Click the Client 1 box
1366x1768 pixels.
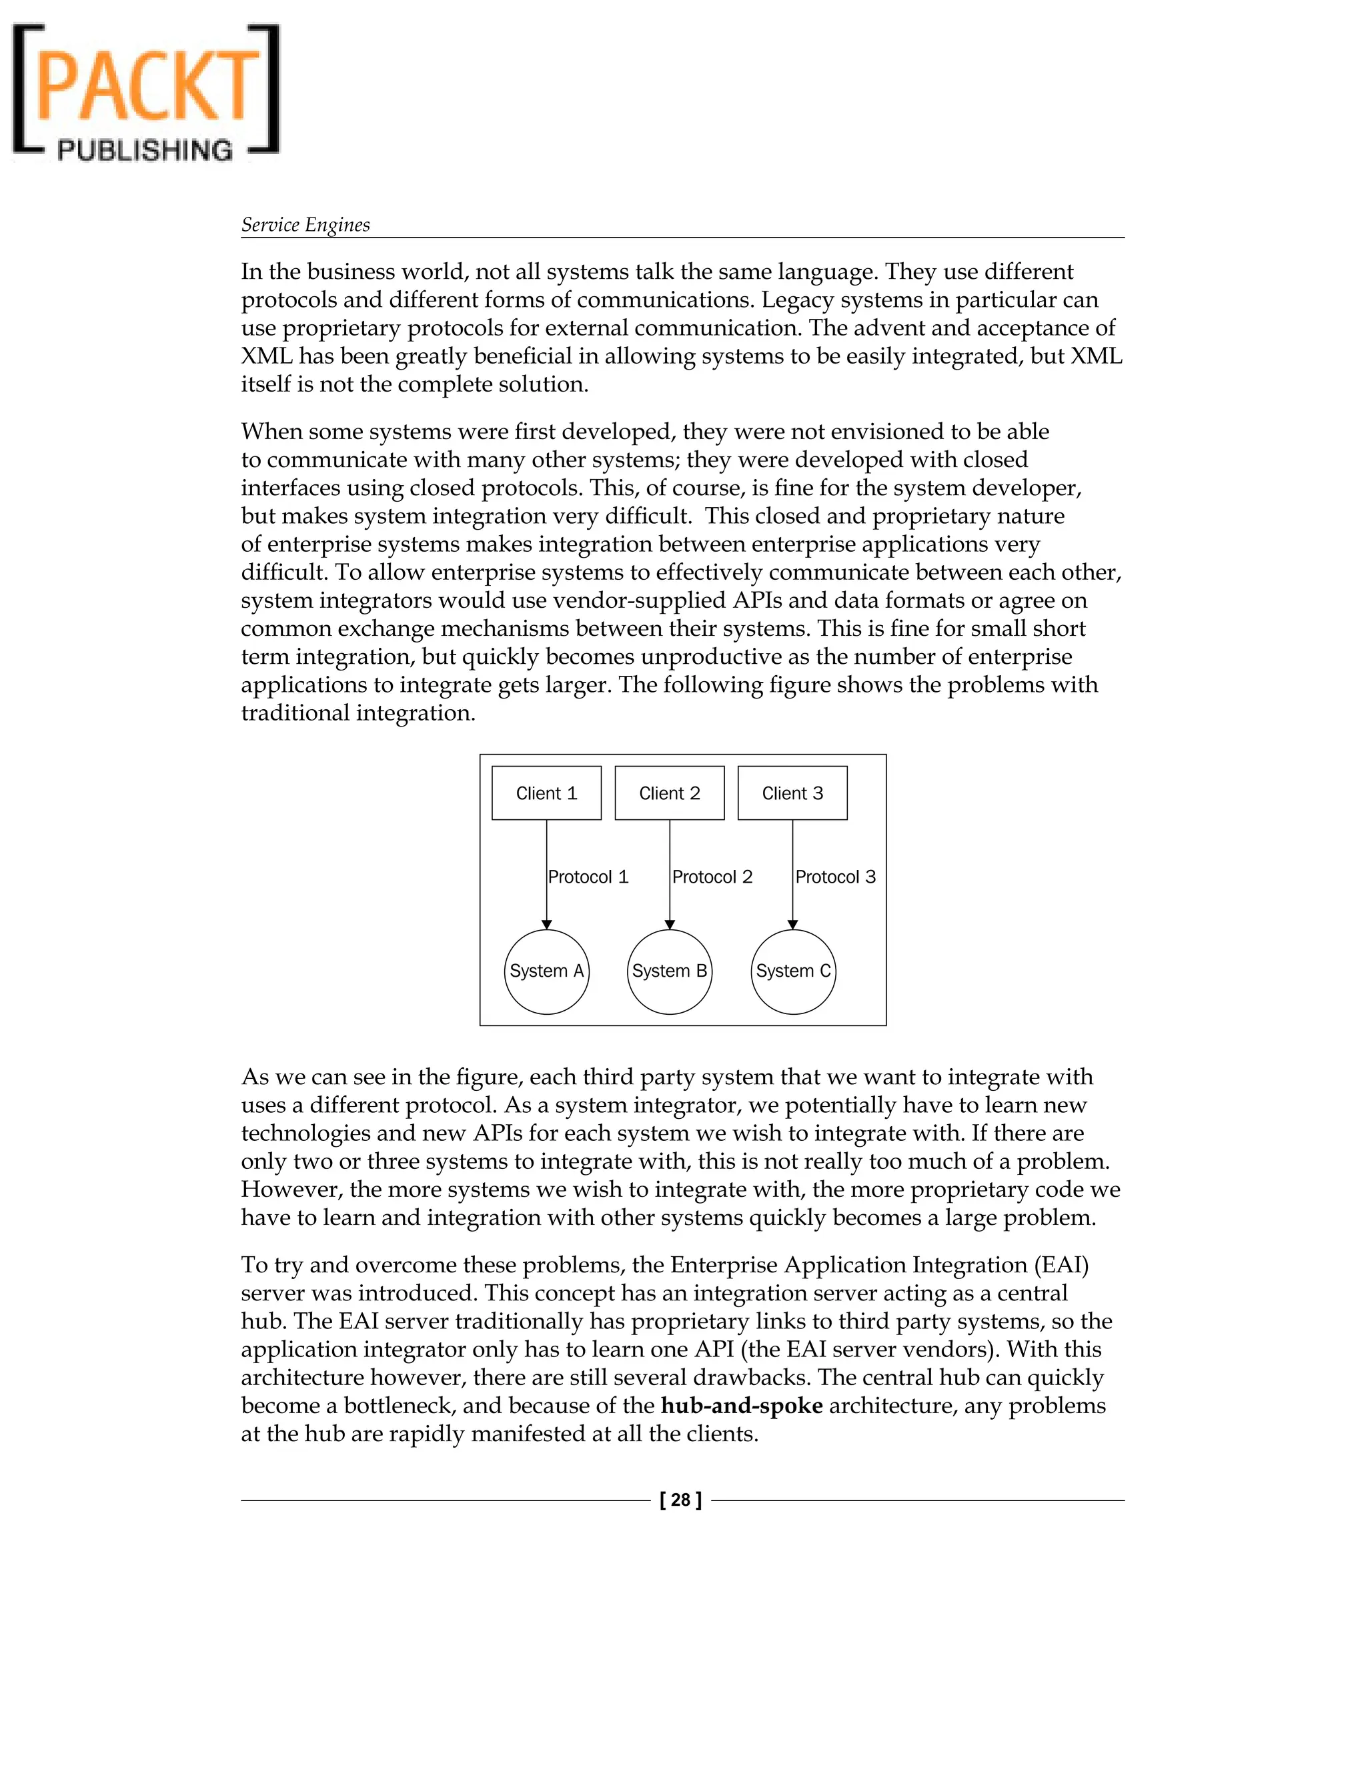click(x=546, y=793)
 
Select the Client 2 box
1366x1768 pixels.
click(x=669, y=793)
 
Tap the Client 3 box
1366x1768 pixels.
click(x=792, y=793)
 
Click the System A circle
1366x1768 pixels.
click(x=546, y=971)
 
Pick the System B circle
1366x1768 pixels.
click(x=669, y=971)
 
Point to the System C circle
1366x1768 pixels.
click(x=793, y=971)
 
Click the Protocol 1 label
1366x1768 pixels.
click(x=588, y=877)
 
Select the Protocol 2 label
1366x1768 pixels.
click(x=712, y=877)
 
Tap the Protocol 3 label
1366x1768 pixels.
click(x=835, y=877)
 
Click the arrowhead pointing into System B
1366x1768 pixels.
click(x=669, y=925)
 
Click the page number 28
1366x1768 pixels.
click(x=680, y=1500)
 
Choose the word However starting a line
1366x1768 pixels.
click(x=289, y=1189)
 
